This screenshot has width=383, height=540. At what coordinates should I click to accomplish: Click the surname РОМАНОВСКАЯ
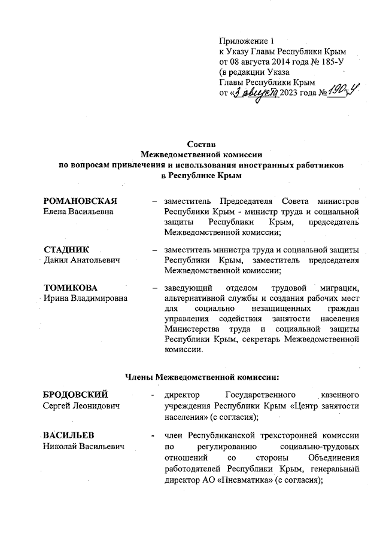[80, 200]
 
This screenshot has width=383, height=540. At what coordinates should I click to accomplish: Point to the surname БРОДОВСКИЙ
[75, 395]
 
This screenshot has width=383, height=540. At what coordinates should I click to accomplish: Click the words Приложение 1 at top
[246, 41]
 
